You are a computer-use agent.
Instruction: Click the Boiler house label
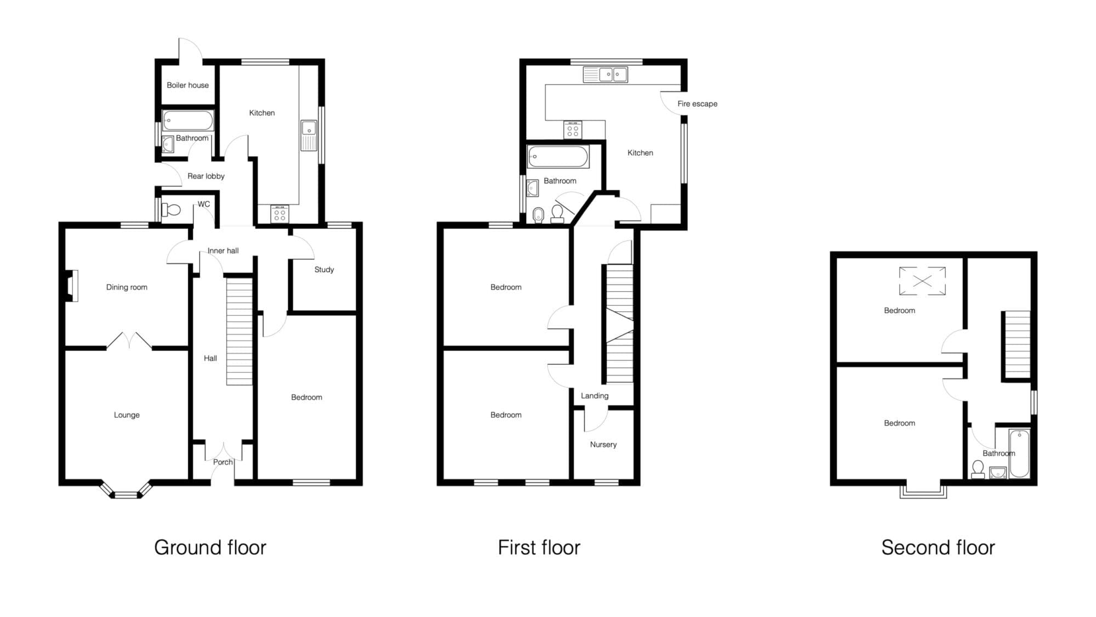tap(187, 85)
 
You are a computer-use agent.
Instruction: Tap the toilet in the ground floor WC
tap(172, 210)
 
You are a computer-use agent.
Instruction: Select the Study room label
tap(324, 269)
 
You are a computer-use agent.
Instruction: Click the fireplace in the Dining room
tap(71, 286)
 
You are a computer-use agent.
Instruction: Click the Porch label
tap(222, 462)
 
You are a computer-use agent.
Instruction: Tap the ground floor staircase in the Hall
tap(239, 332)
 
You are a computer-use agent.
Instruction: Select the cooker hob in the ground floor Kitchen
tap(279, 214)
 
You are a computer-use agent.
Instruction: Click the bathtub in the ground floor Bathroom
tap(188, 121)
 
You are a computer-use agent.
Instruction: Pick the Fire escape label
tap(697, 104)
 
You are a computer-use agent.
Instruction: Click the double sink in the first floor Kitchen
tap(606, 75)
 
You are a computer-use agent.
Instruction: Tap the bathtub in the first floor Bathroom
tap(558, 157)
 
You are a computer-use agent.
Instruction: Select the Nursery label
tap(603, 444)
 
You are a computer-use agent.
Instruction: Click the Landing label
tap(595, 395)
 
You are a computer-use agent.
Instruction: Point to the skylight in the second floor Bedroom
tap(922, 281)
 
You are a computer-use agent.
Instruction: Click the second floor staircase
tap(1017, 344)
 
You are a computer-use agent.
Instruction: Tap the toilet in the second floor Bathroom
tap(978, 469)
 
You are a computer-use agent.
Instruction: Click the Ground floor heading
tap(210, 547)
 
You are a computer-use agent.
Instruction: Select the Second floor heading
tap(938, 547)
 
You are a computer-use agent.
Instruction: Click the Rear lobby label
tap(206, 176)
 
